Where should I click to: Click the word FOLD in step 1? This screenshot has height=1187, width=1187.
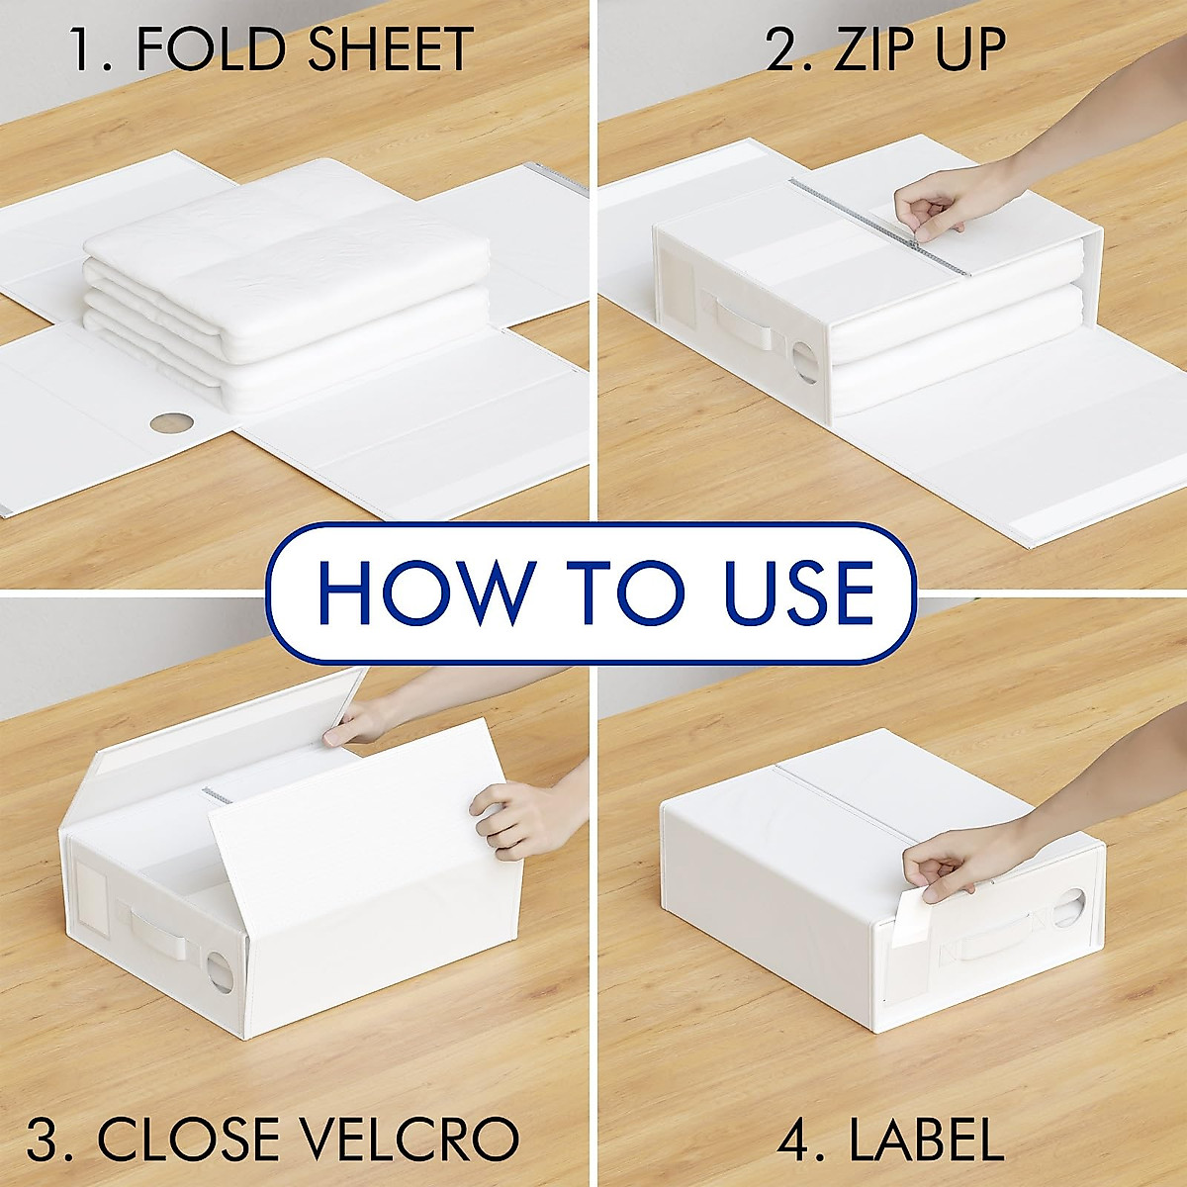pos(219,50)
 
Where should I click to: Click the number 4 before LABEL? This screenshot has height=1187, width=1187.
pos(793,1141)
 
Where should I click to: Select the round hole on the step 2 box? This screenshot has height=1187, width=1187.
pos(803,365)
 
